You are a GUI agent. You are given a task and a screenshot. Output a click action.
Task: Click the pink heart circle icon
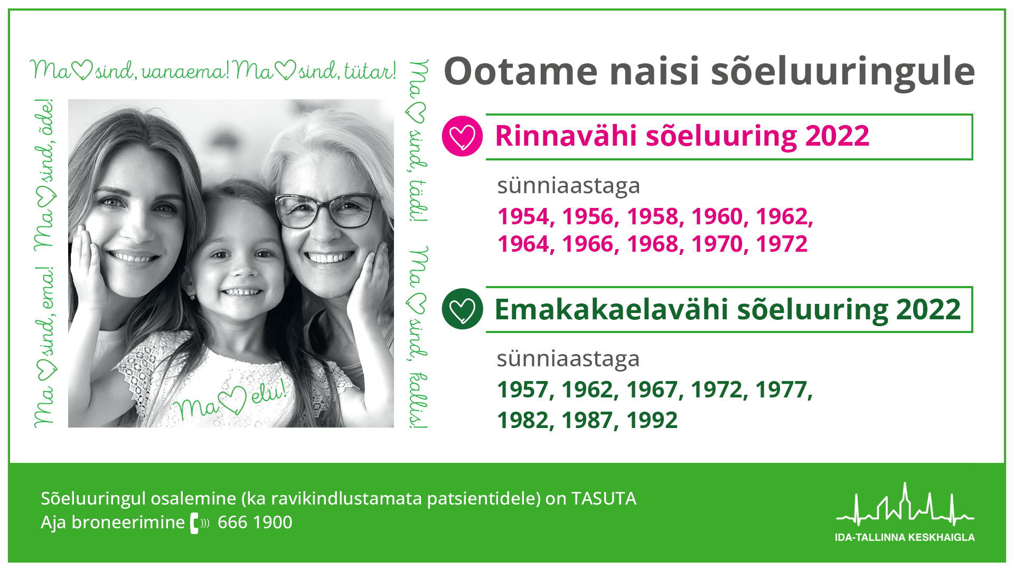462,136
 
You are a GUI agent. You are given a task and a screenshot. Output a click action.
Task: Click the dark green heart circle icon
462,309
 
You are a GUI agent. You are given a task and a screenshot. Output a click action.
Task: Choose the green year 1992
652,420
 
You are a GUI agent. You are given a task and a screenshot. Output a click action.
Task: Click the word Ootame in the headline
521,71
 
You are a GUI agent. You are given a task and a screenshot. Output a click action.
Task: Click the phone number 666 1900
255,522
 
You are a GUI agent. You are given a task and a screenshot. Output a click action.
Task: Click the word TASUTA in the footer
604,499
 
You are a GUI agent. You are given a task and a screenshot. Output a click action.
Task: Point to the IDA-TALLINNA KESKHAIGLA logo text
905,537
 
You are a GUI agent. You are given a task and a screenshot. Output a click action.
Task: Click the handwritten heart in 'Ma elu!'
233,400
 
